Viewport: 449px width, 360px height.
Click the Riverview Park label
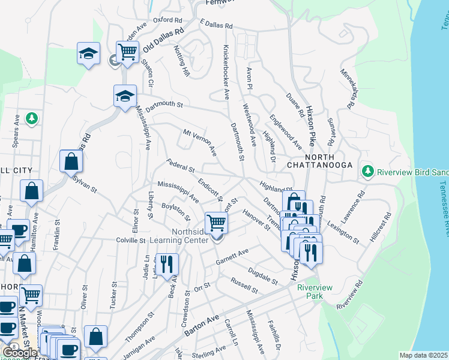[x=314, y=292]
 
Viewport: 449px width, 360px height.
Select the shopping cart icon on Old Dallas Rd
[x=127, y=52]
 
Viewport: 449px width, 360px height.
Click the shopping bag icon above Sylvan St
[x=71, y=161]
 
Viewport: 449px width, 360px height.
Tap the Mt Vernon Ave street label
[x=200, y=143]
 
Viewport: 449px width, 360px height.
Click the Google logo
[x=20, y=353]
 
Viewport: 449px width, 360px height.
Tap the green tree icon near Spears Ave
[x=32, y=119]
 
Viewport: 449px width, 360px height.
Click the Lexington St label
[x=345, y=231]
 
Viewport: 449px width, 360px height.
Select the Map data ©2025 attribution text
[x=424, y=355]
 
